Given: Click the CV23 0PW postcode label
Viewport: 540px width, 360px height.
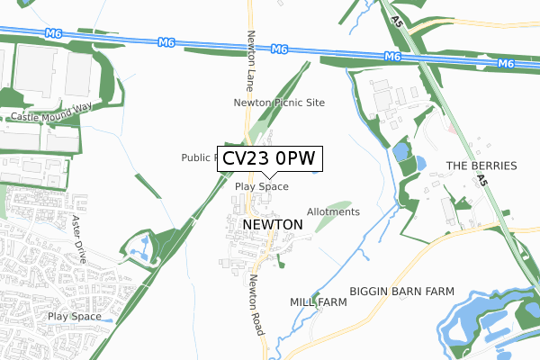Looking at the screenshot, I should (268, 158).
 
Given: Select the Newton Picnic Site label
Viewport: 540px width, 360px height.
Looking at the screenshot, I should (279, 103).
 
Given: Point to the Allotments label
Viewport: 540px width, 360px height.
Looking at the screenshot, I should (333, 212).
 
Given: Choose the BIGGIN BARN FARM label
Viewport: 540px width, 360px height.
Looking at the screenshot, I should (401, 292).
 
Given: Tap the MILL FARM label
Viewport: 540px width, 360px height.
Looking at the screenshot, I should (318, 302).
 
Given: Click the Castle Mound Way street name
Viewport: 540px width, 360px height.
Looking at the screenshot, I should (52, 118).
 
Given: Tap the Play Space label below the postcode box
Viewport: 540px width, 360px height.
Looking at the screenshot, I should (261, 187).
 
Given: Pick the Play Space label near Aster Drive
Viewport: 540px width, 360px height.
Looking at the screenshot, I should (74, 317).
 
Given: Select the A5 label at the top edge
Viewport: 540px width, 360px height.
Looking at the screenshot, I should (397, 18).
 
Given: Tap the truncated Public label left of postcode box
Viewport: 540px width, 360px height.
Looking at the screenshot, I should (198, 157).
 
